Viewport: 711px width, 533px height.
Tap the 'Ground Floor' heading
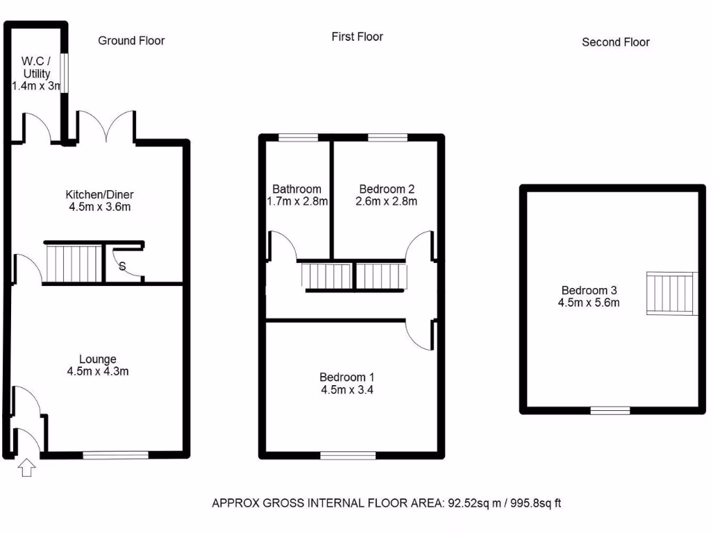pos(131,41)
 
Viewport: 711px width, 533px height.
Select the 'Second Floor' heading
pos(615,42)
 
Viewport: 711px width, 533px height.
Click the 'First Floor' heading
pos(357,37)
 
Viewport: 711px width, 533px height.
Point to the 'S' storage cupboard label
pos(122,266)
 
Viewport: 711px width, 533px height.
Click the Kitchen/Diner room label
pos(99,194)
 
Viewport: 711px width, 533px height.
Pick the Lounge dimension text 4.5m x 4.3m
pos(98,371)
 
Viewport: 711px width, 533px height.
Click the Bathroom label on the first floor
pos(296,189)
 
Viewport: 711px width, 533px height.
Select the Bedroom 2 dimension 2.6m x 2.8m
pos(387,202)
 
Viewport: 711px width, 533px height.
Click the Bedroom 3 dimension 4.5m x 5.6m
pos(589,303)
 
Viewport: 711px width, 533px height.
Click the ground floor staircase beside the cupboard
pos(73,262)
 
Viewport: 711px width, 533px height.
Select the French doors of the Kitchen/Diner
pos(106,126)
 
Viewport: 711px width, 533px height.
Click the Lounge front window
pos(115,455)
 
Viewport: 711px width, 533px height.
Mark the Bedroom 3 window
pos(610,410)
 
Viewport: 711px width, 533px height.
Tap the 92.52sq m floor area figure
pos(467,503)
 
